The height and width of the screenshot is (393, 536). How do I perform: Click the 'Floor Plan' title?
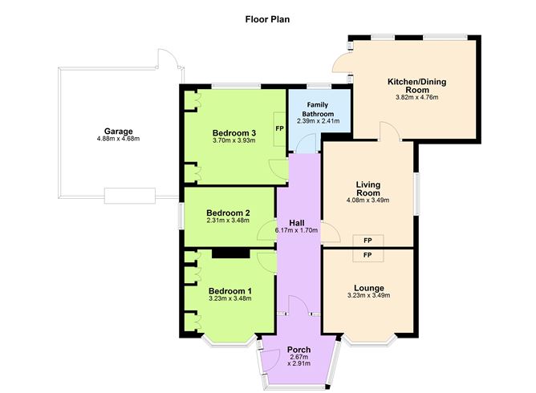click(x=268, y=18)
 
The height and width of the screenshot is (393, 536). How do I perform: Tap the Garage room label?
click(x=118, y=131)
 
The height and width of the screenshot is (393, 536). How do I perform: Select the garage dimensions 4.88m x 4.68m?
click(x=118, y=139)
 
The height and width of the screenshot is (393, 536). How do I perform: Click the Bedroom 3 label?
click(x=233, y=132)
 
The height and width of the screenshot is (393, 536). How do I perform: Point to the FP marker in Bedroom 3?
click(x=279, y=128)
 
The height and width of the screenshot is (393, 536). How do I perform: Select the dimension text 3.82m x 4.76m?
click(x=416, y=98)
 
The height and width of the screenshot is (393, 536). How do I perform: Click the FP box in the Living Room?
click(x=367, y=240)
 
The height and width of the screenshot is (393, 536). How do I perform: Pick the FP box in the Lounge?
click(x=367, y=254)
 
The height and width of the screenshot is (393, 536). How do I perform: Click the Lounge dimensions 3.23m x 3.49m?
click(x=367, y=295)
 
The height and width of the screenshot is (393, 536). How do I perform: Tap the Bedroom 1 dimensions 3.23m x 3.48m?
click(x=229, y=298)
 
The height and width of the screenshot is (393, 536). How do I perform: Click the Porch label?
click(x=298, y=349)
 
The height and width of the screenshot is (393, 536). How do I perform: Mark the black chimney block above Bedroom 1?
click(x=230, y=253)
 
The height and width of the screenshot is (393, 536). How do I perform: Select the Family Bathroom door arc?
click(x=306, y=144)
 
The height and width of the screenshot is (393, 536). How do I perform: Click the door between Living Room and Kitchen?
click(x=387, y=131)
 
